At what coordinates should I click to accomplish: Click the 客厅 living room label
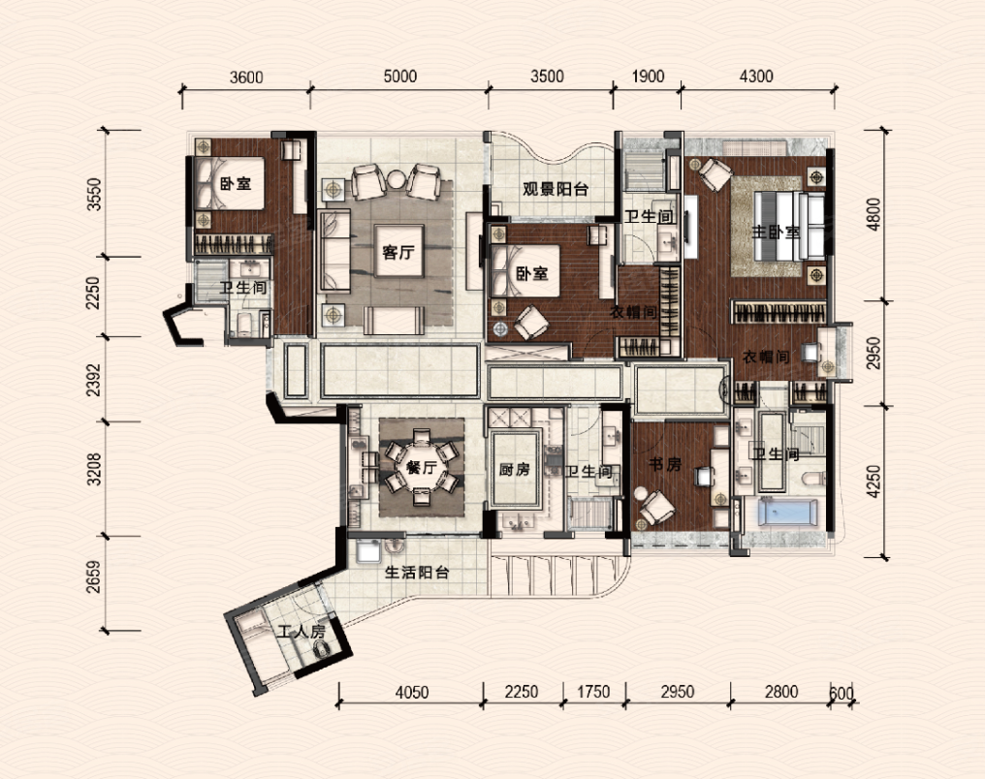398,252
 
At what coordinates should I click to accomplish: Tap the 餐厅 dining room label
421,468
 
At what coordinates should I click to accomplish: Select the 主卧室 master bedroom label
776,233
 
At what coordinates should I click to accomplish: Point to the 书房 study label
665,464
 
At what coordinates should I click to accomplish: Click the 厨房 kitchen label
515,469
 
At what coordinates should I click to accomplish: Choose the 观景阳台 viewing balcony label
556,189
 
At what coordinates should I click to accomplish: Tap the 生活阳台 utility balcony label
417,573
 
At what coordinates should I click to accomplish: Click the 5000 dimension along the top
400,76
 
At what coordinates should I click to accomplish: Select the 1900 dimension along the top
648,76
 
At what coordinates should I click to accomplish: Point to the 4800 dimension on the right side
874,214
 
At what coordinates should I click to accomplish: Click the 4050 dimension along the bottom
412,692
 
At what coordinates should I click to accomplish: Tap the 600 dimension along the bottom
842,693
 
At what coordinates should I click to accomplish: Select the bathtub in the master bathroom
788,512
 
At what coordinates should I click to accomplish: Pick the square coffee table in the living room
398,250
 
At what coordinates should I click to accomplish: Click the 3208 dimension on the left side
94,470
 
